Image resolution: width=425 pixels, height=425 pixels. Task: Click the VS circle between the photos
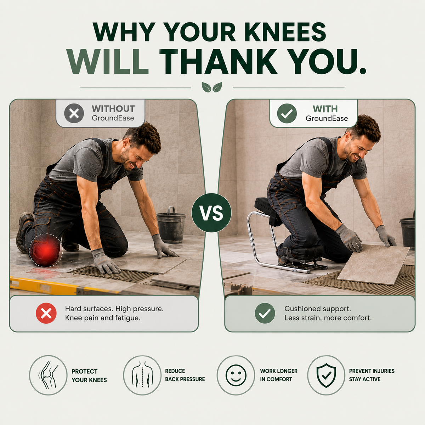(211, 212)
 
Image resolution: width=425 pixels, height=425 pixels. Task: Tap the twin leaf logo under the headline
(212, 87)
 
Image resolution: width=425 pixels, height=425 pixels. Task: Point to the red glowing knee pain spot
(46, 250)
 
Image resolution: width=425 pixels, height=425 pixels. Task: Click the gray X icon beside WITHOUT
(74, 113)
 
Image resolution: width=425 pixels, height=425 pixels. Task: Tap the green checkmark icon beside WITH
(287, 113)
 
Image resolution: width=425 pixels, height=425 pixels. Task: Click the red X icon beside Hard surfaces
(46, 313)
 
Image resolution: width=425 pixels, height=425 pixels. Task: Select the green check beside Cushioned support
(265, 313)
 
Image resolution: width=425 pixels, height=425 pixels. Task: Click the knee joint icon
(48, 375)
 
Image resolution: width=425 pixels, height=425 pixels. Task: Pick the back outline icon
(142, 375)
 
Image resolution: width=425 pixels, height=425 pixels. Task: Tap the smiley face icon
(236, 375)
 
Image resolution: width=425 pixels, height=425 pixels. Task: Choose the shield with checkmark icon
(326, 375)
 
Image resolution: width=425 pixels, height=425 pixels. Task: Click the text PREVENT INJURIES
(372, 371)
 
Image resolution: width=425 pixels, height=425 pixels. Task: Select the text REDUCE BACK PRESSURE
(185, 375)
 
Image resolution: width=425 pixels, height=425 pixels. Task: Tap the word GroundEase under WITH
(327, 118)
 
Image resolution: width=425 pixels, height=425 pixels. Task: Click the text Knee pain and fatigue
(103, 318)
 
